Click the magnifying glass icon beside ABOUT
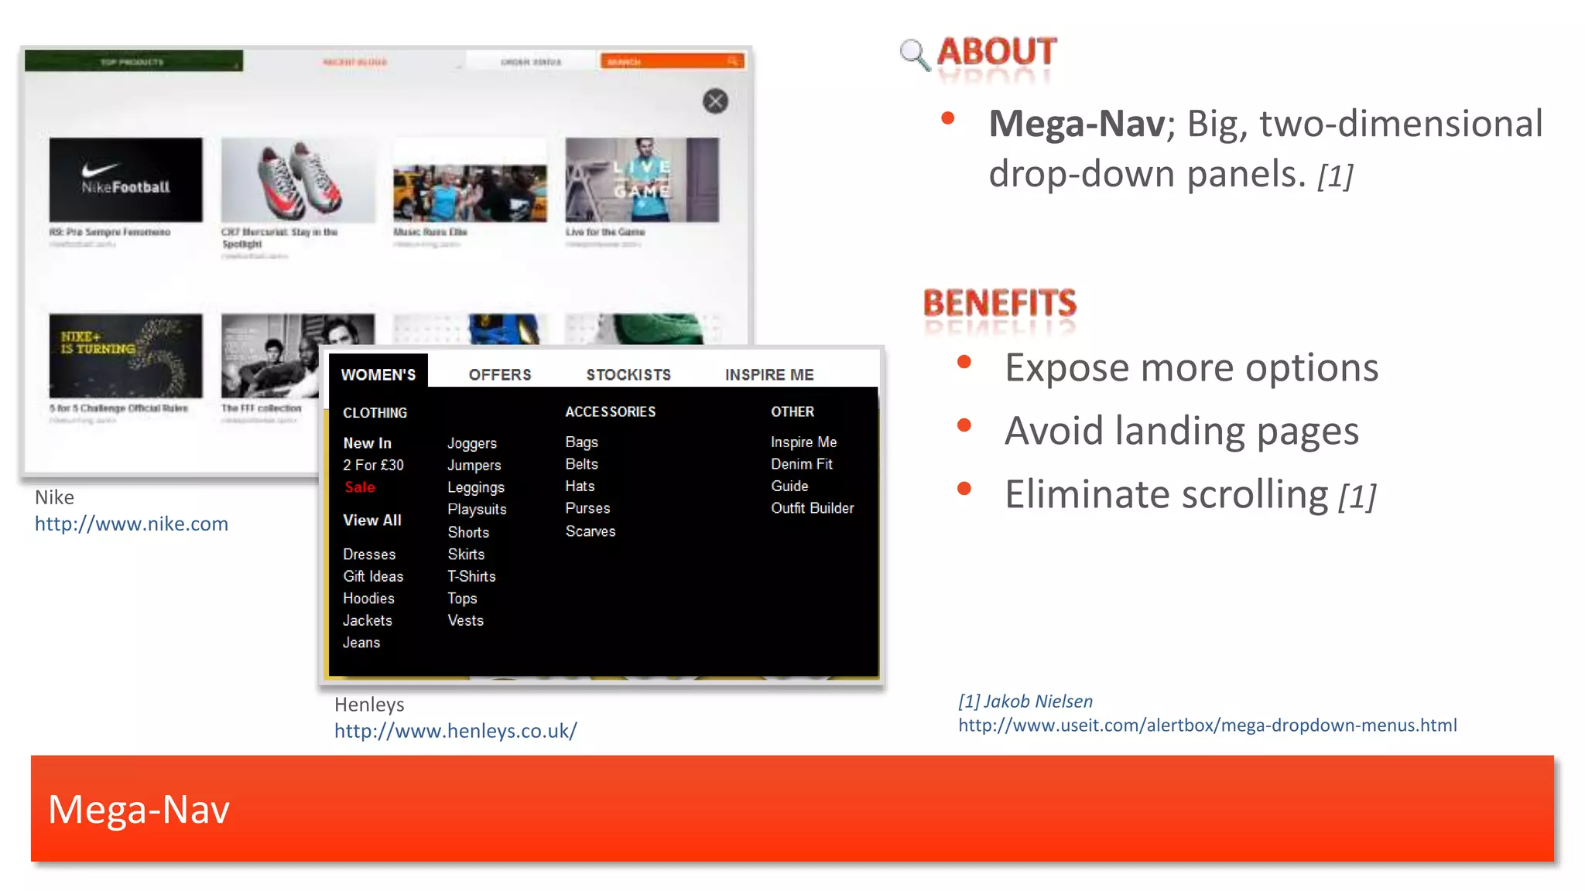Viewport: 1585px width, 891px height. click(914, 54)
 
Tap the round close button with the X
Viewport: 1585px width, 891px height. click(715, 101)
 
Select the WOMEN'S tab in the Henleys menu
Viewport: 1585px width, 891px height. click(378, 374)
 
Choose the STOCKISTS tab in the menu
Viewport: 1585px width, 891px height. click(628, 374)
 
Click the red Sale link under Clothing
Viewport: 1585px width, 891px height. click(360, 487)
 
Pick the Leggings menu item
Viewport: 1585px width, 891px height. click(476, 487)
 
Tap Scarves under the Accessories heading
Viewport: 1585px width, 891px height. click(591, 531)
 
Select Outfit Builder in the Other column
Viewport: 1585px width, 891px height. click(812, 508)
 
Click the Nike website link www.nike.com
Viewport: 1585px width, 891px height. click(132, 524)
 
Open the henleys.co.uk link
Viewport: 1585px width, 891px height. click(455, 731)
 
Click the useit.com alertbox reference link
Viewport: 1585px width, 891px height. click(1207, 725)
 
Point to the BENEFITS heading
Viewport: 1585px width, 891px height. click(1000, 303)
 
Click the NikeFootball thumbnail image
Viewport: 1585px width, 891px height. click(126, 180)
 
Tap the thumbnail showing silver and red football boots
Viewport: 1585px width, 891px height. click(298, 180)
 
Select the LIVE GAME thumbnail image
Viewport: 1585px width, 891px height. click(642, 180)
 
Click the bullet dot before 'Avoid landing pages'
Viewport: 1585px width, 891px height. click(964, 425)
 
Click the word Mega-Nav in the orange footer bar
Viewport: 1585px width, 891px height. click(139, 810)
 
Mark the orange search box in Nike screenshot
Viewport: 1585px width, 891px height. click(672, 61)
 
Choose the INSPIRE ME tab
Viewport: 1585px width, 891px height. click(769, 374)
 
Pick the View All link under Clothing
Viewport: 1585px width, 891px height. click(372, 521)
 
